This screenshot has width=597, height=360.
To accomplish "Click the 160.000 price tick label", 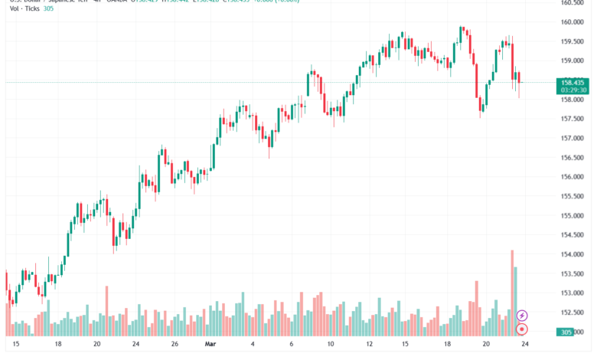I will [573, 21].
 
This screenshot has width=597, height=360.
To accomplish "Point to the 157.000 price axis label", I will [573, 138].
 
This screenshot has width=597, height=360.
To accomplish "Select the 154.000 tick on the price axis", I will [573, 254].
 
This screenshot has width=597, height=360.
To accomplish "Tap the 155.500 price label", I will [573, 196].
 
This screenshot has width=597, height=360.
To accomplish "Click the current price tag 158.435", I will [573, 82].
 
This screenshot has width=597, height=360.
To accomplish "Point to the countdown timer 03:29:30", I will [573, 90].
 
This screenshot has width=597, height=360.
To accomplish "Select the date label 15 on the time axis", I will [16, 345].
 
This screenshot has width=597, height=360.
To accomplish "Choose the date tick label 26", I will [175, 345].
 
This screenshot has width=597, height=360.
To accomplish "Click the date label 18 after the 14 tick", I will [447, 345].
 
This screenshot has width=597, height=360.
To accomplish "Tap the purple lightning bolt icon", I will [522, 315].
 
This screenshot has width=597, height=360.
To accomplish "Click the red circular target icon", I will [522, 329].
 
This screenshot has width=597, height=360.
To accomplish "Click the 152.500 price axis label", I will [573, 313].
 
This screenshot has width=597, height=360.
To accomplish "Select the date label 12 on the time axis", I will [369, 345].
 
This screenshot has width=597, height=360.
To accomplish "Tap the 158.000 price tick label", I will [573, 100].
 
